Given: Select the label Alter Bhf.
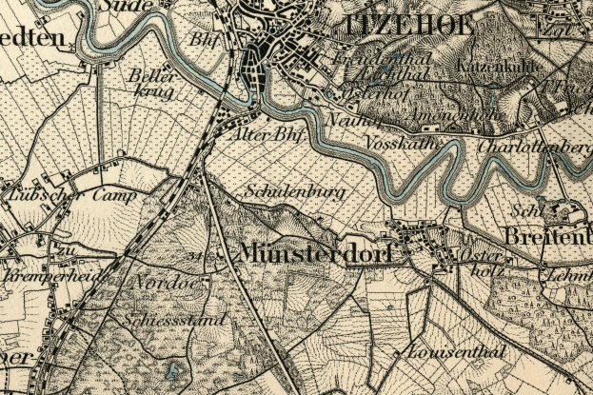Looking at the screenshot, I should click(x=267, y=136).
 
